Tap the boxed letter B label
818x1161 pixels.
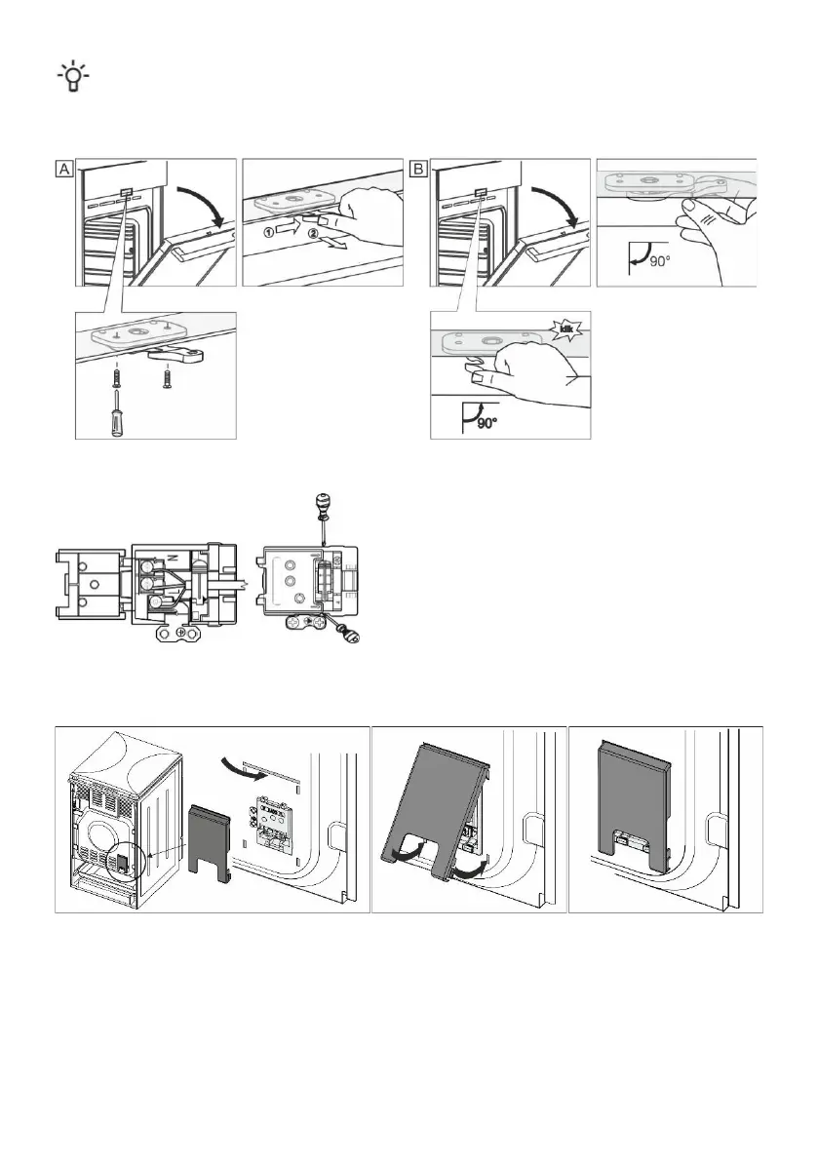pos(418,169)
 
